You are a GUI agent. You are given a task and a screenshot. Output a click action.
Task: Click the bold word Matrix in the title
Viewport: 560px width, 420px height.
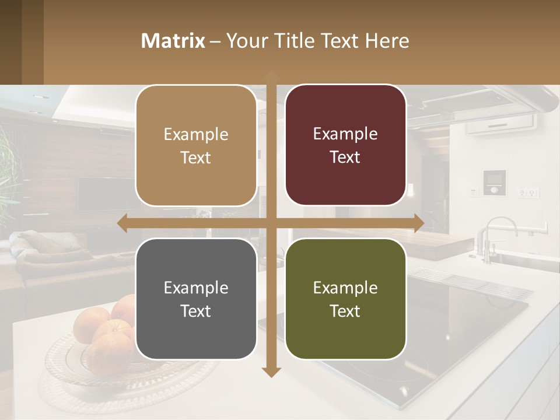pyautogui.click(x=173, y=41)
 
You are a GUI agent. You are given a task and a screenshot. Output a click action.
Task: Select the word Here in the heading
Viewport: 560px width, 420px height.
pyautogui.click(x=387, y=41)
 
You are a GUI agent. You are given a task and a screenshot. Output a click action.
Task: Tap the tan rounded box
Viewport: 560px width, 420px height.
pyautogui.click(x=196, y=145)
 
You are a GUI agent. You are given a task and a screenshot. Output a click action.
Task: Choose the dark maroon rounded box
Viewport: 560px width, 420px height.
pyautogui.click(x=345, y=145)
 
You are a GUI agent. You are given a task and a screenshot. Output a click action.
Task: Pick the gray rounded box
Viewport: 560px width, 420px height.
pyautogui.click(x=196, y=299)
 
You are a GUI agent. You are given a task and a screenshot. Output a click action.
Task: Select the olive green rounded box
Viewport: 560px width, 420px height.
pyautogui.click(x=345, y=299)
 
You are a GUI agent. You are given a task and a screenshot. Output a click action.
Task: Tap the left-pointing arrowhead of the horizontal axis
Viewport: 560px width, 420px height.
pyautogui.click(x=123, y=223)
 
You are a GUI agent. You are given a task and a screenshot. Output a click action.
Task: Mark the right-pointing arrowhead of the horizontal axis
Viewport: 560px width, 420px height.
pyautogui.click(x=418, y=223)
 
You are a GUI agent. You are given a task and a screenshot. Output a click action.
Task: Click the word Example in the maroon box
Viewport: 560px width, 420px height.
pyautogui.click(x=345, y=134)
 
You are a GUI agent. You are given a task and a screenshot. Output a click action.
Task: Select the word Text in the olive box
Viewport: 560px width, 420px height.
pyautogui.click(x=345, y=311)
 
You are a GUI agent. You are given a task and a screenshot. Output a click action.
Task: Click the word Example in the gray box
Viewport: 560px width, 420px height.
pyautogui.click(x=196, y=288)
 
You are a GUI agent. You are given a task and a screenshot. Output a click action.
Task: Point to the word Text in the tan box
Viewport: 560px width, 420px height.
pyautogui.click(x=196, y=158)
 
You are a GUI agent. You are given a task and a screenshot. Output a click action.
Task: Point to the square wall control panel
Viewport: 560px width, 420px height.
pyautogui.click(x=495, y=182)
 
